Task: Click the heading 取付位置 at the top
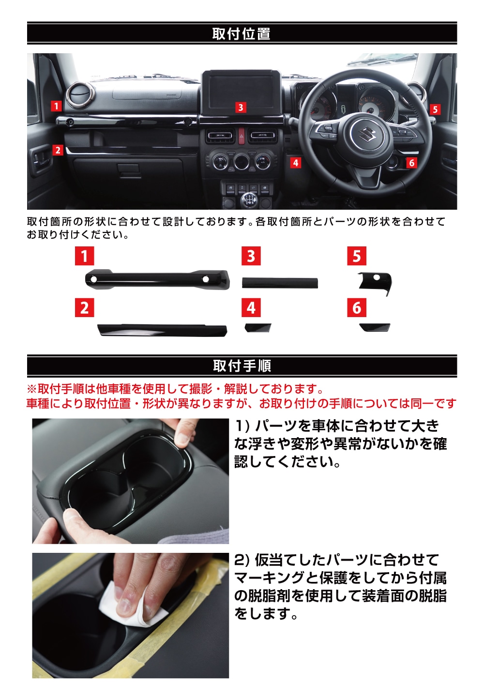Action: click(242, 33)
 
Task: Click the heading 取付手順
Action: click(242, 366)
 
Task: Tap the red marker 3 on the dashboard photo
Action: click(241, 107)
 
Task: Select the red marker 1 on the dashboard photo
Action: click(56, 106)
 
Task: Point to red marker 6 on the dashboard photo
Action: click(411, 163)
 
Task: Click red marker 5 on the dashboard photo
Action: click(435, 109)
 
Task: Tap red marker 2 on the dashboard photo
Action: click(58, 150)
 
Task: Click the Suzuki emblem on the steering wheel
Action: click(367, 134)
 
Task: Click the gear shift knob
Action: click(250, 199)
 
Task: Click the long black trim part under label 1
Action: click(157, 279)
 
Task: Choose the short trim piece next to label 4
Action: click(258, 328)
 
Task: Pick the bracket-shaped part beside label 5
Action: click(375, 282)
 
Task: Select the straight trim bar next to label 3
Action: click(280, 283)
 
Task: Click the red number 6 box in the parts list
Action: click(357, 307)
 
